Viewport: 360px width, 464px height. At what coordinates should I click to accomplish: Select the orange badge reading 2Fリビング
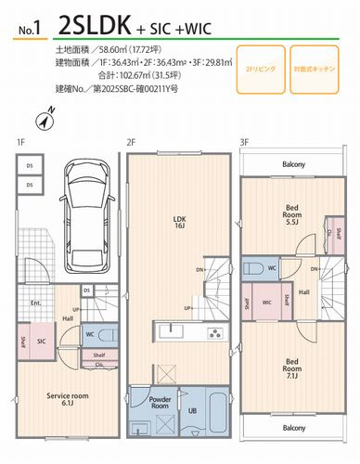[255, 69]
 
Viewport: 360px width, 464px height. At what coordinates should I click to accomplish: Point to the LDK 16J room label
[180, 224]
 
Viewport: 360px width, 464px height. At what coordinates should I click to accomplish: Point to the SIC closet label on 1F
[42, 342]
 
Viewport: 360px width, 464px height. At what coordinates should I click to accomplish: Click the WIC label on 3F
[267, 302]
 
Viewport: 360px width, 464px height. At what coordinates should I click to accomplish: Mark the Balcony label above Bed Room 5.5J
[293, 164]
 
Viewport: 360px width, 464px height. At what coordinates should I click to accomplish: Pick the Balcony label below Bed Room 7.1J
[293, 427]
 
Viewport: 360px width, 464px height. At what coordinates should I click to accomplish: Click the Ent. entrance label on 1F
[35, 303]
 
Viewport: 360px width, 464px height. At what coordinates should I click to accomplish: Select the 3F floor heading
[244, 142]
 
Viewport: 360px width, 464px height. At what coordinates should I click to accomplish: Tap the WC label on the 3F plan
[272, 268]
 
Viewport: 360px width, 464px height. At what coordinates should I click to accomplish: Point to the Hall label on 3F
[303, 292]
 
